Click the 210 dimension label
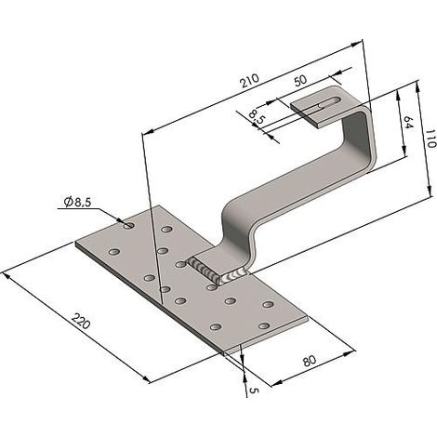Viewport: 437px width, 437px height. (249, 81)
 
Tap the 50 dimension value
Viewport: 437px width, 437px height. (300, 80)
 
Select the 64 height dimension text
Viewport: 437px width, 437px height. (409, 122)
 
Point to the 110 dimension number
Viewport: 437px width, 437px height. (430, 139)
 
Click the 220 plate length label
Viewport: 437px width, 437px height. (81, 321)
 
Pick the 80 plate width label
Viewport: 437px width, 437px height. (310, 361)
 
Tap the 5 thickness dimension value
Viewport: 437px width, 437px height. (254, 391)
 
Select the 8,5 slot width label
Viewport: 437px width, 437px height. (257, 116)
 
